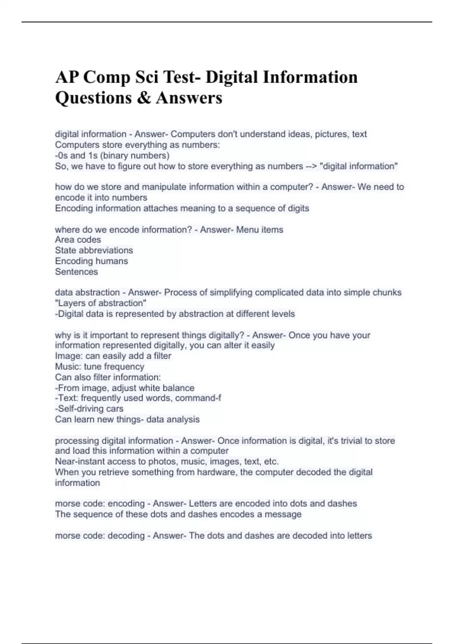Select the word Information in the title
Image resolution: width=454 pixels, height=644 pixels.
[x=310, y=77]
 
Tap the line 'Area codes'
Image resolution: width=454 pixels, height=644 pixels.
[x=78, y=240]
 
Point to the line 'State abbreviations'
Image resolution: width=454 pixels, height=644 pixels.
[x=94, y=250]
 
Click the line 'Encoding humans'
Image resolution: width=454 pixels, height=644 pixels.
[x=91, y=261]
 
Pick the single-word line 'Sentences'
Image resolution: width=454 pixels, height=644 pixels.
[x=76, y=272]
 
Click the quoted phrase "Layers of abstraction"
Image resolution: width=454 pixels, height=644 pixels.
[x=101, y=303]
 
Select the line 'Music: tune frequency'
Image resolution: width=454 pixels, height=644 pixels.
[x=100, y=367]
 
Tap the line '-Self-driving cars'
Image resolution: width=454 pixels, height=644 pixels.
[x=89, y=409]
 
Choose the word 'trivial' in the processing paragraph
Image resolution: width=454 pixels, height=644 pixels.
[x=351, y=441]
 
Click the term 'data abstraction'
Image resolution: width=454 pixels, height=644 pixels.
[x=87, y=292]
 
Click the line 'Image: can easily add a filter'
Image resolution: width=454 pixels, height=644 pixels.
[x=113, y=356]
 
